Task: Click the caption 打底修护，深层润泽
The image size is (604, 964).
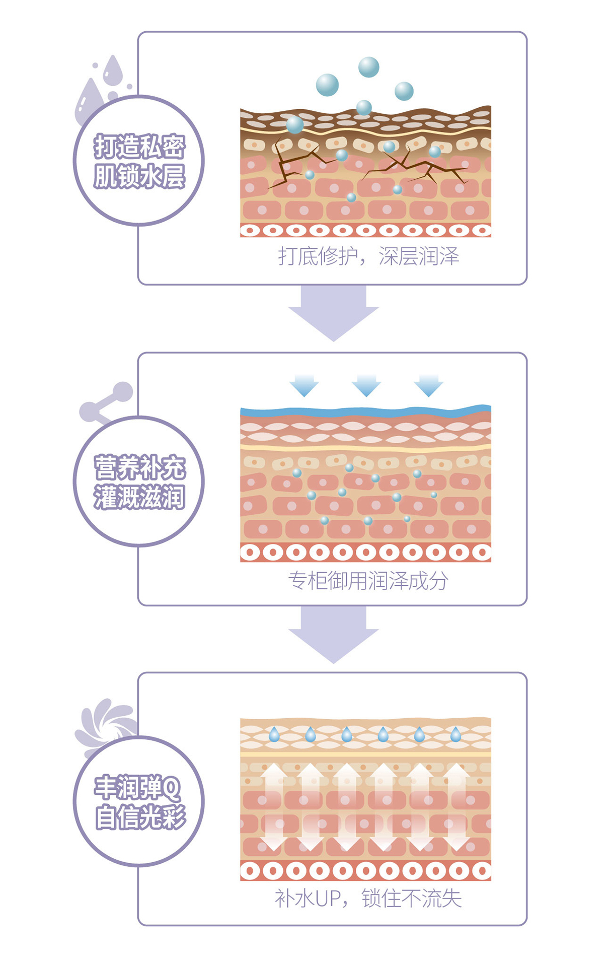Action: point(368,256)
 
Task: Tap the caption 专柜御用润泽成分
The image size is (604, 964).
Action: point(368,581)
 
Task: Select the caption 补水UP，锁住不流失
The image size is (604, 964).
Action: point(368,898)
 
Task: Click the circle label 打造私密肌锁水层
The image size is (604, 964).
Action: point(139,161)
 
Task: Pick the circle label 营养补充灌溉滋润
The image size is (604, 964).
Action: point(139,481)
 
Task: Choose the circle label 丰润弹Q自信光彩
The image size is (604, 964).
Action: point(139,802)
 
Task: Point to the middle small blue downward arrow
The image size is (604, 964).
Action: point(366,385)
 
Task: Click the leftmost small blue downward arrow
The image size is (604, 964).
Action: point(304,385)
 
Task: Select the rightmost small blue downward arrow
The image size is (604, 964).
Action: point(428,385)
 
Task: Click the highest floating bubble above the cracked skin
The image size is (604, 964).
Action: point(368,67)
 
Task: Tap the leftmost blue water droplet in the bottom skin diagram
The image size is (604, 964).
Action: point(274,734)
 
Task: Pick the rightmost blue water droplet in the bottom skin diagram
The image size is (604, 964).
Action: point(456,734)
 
